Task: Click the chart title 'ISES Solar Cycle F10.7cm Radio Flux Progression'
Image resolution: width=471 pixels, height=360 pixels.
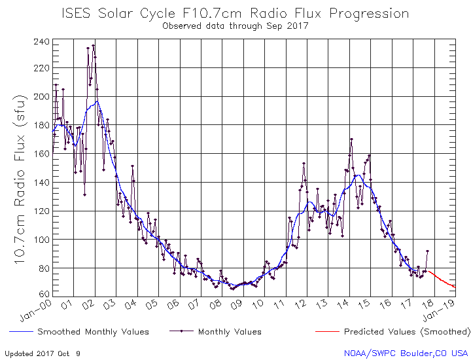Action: pos(235,14)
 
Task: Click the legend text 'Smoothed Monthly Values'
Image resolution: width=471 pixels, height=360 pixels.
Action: pos(93,332)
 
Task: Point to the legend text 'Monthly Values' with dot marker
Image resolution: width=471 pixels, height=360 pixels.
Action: pos(230,332)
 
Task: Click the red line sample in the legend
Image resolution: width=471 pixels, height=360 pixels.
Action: pos(326,332)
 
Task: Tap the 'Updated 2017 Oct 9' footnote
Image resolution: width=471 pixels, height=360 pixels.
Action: pos(43,353)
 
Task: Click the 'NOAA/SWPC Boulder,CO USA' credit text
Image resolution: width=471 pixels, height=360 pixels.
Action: pos(406,353)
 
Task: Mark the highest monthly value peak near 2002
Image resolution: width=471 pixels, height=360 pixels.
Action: pos(94,45)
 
